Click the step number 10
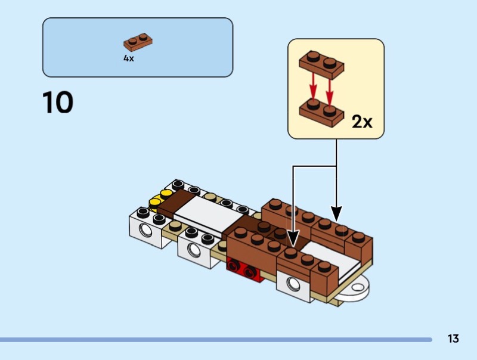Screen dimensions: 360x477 [x=58, y=103]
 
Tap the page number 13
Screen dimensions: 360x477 [x=453, y=339]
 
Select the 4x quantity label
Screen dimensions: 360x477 [x=129, y=58]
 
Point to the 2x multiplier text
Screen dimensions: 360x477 [x=361, y=122]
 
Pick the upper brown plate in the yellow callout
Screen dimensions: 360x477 [x=320, y=64]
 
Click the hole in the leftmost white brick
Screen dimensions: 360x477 [x=144, y=231]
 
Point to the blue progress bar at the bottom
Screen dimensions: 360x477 [x=215, y=340]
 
